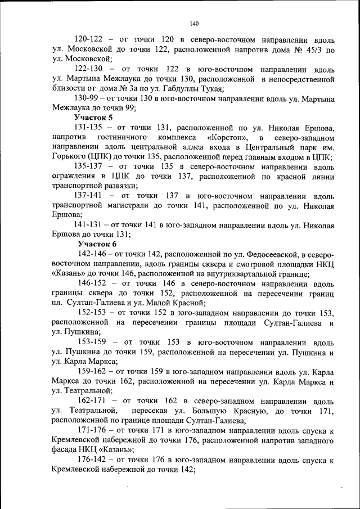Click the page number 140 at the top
click(194, 24)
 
